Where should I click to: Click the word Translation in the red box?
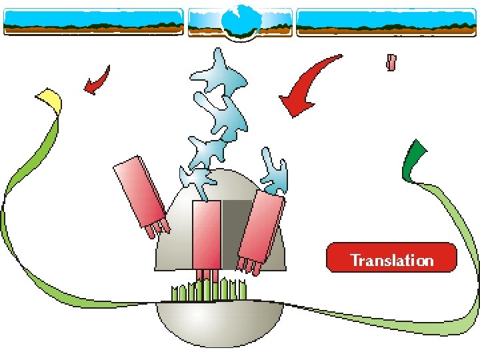coord(391,260)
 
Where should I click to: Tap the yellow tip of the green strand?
coord(49,99)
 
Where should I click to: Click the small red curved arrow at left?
coord(97,80)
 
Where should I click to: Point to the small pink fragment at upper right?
coord(391,63)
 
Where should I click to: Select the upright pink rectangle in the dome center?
coord(206,233)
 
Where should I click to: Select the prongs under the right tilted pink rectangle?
coord(251,266)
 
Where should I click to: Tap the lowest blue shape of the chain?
coord(197,181)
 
